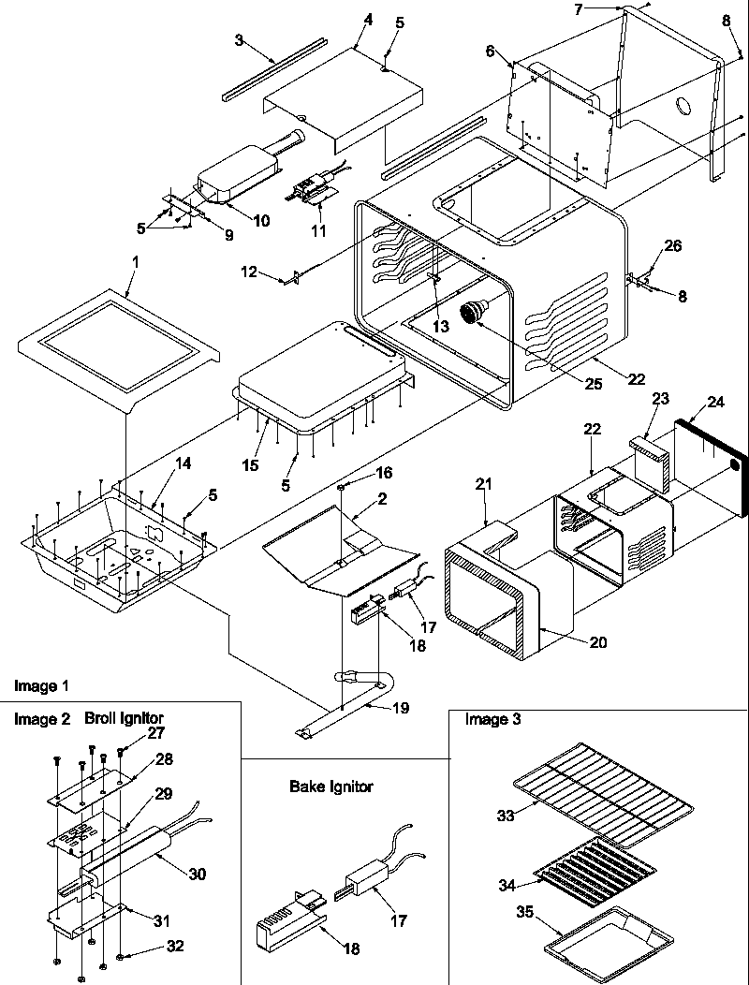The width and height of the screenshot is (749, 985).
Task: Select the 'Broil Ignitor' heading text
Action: (124, 719)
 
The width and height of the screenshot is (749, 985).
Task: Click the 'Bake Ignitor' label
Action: (330, 787)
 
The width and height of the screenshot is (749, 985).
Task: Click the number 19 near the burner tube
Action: (400, 709)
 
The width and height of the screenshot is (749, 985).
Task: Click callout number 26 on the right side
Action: (673, 246)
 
